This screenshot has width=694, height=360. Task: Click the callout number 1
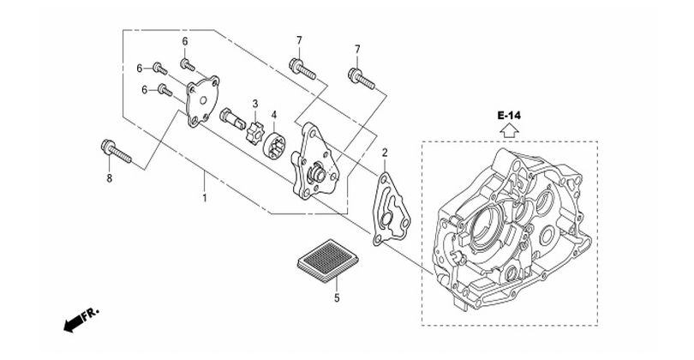coord(205,197)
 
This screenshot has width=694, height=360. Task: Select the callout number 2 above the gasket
coord(385,153)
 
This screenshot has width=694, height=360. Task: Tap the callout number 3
coord(255,104)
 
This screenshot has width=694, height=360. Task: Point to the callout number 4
coord(274,115)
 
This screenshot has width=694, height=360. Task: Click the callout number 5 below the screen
coord(337,298)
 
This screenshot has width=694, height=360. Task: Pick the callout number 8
coord(110,178)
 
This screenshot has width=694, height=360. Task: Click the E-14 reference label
coord(509,116)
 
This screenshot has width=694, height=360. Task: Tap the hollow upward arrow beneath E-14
coord(509,131)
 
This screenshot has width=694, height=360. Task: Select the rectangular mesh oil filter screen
coord(327,261)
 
